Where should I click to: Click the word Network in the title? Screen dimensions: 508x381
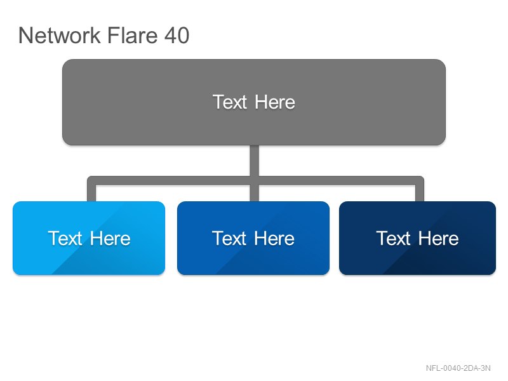(60, 35)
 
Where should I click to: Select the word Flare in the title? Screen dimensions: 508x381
(132, 35)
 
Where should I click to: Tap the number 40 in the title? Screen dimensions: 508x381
(177, 35)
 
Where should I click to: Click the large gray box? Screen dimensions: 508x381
(254, 102)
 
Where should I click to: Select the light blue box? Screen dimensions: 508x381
(89, 238)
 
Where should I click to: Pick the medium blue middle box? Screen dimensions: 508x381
(253, 238)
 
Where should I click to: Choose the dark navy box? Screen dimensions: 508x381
(417, 238)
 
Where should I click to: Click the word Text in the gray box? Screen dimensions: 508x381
(230, 102)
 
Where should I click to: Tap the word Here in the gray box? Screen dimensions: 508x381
(275, 102)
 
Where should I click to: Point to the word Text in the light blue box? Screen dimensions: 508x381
(65, 239)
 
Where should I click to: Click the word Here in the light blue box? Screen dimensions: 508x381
(110, 239)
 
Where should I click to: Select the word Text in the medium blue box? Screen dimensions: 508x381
(229, 239)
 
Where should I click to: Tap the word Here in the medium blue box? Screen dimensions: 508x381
(274, 239)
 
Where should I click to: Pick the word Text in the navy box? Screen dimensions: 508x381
(393, 239)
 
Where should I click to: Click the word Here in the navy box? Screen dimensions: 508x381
(438, 239)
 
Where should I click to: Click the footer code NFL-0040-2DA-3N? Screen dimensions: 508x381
(458, 368)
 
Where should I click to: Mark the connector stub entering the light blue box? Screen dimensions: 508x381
(91, 193)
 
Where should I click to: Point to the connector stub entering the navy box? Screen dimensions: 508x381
(420, 193)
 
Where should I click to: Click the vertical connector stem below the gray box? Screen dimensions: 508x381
(255, 161)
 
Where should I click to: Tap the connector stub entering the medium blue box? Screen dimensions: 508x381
(255, 193)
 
